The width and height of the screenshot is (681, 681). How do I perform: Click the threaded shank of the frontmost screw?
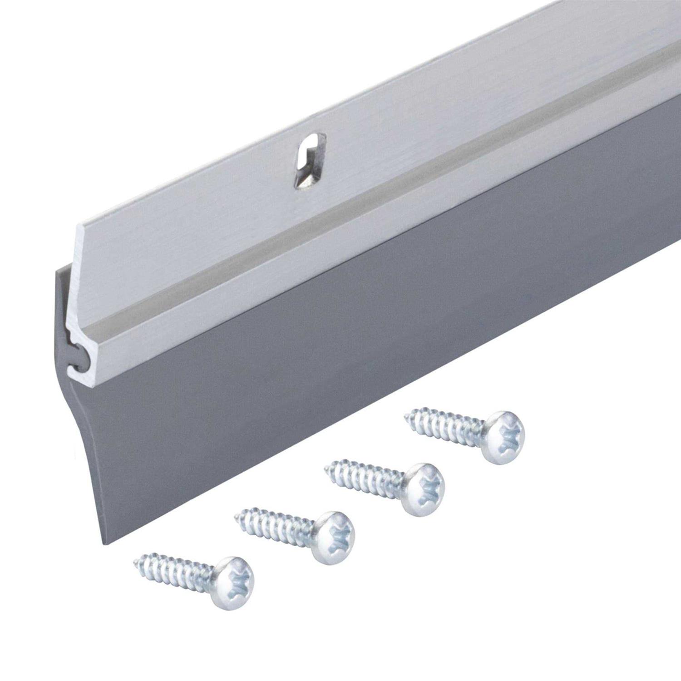click(177, 569)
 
